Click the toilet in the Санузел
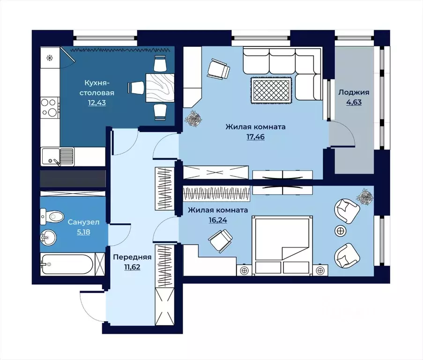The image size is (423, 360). (x=52, y=216)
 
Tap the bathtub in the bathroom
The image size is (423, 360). (x=67, y=264)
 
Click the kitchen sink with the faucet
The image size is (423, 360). (x=58, y=156)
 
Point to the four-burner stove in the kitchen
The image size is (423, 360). (x=50, y=108)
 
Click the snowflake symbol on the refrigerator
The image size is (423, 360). (x=50, y=58)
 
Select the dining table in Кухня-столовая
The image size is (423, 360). (x=160, y=88)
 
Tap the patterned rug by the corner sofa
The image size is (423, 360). (x=271, y=90)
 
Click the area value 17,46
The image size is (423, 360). (x=255, y=137)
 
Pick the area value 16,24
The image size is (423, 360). (x=218, y=220)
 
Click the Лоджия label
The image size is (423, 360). (x=354, y=92)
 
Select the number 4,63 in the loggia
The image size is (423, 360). (x=354, y=102)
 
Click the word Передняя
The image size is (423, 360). (x=132, y=257)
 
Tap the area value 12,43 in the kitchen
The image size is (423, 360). (x=97, y=103)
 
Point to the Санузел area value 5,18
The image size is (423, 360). (x=83, y=232)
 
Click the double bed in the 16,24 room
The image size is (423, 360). (x=282, y=245)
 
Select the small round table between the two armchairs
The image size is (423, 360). (x=341, y=231)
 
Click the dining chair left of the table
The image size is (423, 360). (x=136, y=88)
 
